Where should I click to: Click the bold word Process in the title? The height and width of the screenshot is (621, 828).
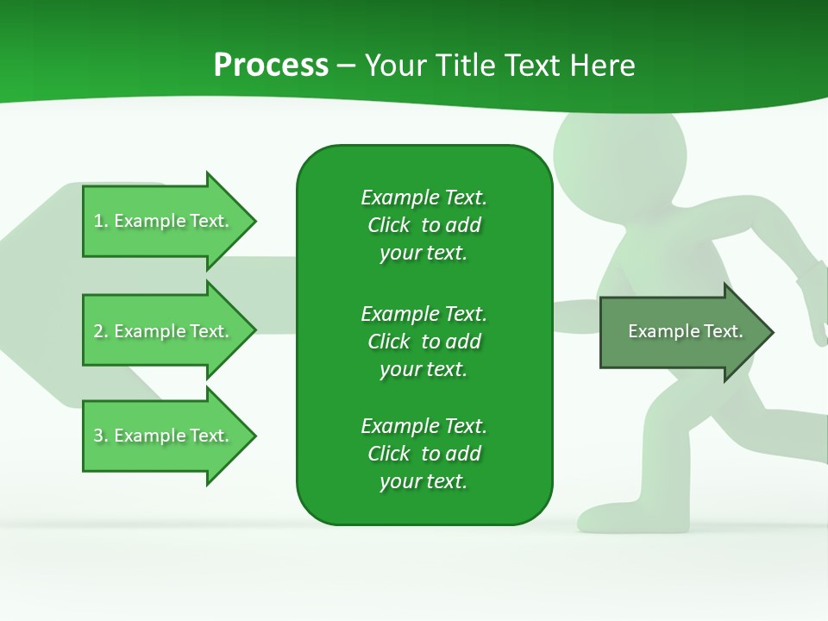(271, 66)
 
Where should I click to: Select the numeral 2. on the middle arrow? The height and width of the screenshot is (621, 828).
(101, 331)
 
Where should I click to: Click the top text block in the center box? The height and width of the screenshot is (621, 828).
(423, 225)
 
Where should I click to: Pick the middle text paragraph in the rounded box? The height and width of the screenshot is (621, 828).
(423, 342)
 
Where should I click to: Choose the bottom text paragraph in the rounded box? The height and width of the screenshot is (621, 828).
(423, 454)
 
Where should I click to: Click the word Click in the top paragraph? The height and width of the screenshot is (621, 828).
(388, 225)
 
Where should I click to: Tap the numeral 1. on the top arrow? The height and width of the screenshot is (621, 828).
(101, 221)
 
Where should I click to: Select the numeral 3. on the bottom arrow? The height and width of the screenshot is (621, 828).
(101, 436)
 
